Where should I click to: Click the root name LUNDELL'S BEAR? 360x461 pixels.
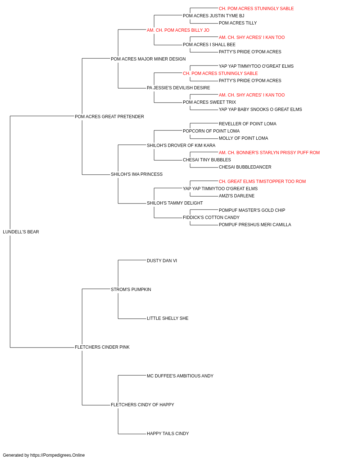coord(21,232)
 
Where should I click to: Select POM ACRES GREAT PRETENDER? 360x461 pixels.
coord(109,117)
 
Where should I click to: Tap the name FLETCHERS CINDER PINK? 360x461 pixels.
coord(102,347)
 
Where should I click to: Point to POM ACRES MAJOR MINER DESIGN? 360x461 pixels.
coord(148,59)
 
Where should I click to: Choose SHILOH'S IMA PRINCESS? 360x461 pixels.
coord(137,174)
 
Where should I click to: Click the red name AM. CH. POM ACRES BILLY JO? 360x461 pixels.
coord(178,30)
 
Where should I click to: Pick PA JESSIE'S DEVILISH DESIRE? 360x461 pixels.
coord(179,88)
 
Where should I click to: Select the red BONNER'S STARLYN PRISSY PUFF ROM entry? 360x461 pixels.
coord(269,153)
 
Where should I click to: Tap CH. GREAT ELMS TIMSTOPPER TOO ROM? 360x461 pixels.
coord(262,182)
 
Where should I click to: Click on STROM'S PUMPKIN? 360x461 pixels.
coord(131,290)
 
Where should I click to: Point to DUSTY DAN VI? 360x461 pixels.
coord(162,261)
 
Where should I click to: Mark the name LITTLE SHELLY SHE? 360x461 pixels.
coord(168,318)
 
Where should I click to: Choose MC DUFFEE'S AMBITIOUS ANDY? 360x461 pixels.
coord(180,376)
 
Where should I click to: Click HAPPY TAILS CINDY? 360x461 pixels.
coord(168,433)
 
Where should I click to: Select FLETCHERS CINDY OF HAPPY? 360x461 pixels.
coord(143,405)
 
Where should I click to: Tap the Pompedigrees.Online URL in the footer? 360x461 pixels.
coord(58,455)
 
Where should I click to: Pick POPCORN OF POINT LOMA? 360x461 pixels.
coord(211,131)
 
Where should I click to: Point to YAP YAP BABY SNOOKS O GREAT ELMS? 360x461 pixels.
coord(260,109)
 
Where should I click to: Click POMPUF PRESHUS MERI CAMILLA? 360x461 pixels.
coord(255,225)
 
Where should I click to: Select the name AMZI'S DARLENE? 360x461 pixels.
coord(237,196)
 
